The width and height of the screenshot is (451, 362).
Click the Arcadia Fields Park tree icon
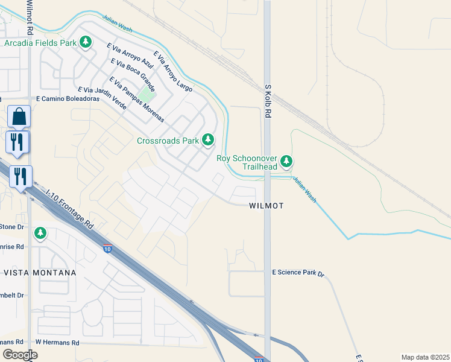(x=86, y=42)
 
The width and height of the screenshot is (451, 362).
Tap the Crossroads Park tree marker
(x=208, y=140)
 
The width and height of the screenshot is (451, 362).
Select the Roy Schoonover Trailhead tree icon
(x=287, y=161)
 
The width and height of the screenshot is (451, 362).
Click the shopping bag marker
(x=19, y=116)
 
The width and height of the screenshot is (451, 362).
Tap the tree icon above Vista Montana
(x=40, y=232)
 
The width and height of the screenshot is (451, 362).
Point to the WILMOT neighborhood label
(x=266, y=206)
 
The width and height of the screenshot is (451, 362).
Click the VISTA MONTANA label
(x=40, y=273)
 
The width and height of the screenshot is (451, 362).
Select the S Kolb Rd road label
(x=269, y=101)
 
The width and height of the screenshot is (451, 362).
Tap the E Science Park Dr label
(x=298, y=273)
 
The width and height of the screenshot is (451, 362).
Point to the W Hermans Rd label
(x=57, y=342)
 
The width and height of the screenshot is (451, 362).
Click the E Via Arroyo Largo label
(x=173, y=71)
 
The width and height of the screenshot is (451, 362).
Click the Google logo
(x=20, y=354)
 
